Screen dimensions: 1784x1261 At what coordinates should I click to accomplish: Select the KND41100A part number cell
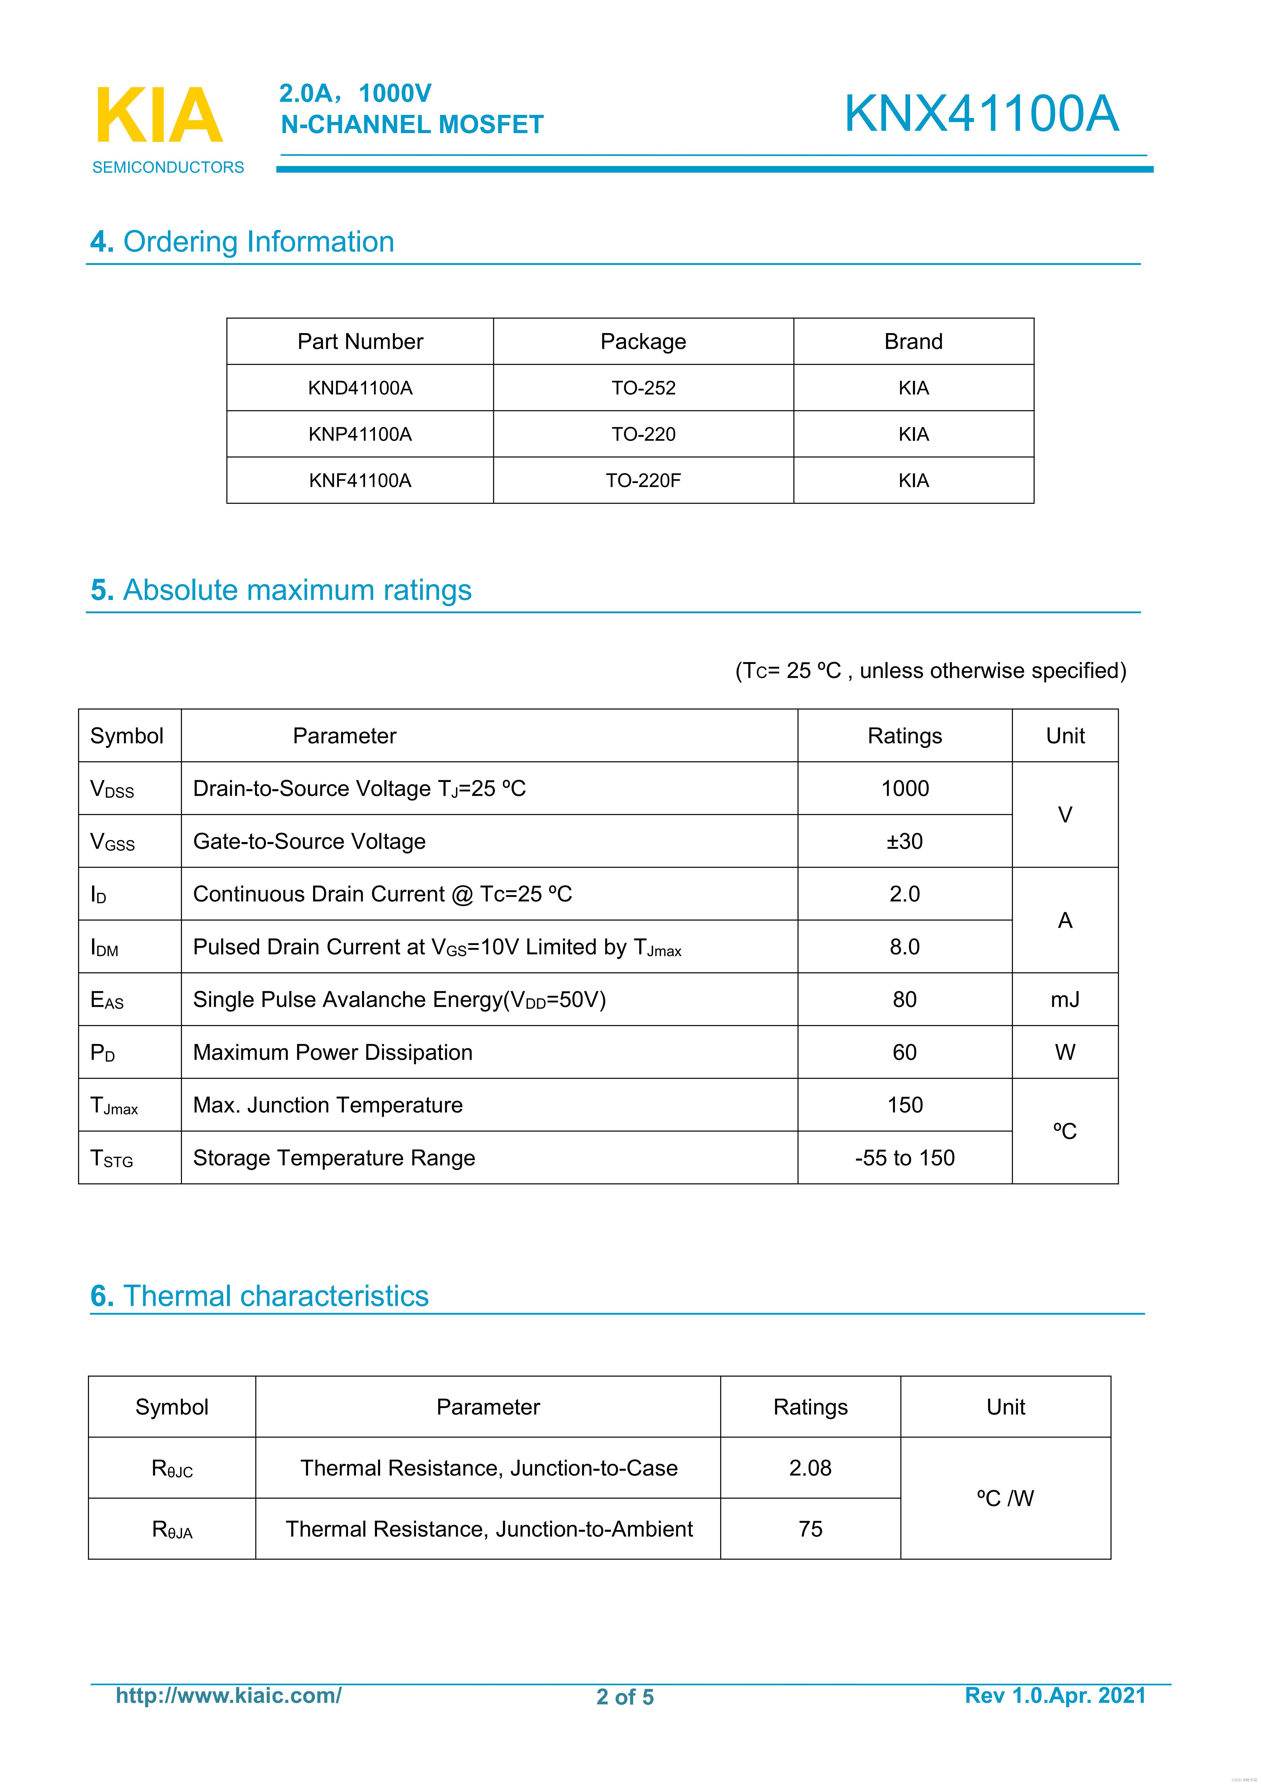coord(360,388)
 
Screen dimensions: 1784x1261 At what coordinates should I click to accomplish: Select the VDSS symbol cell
coord(113,789)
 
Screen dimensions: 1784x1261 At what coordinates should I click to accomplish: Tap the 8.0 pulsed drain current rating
coord(904,946)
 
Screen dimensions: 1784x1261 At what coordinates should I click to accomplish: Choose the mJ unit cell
coord(1064,999)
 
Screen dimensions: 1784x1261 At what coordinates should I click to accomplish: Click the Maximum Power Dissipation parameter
coord(333,1052)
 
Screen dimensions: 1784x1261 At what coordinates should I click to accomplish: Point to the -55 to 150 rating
coord(904,1158)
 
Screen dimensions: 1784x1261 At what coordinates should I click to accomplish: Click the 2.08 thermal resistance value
coord(809,1468)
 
